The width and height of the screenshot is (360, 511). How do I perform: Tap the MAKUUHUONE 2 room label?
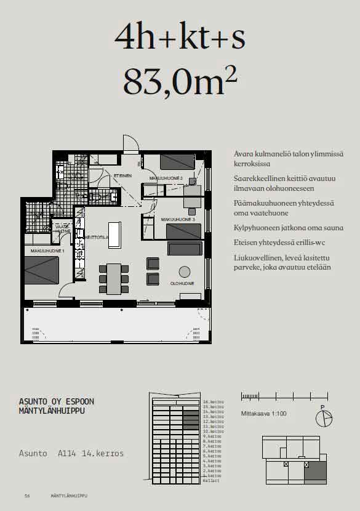tap(166, 178)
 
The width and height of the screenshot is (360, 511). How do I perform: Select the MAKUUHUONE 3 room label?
tap(178, 219)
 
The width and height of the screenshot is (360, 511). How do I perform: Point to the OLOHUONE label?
tap(182, 284)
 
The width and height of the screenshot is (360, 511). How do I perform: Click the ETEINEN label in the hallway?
tap(122, 175)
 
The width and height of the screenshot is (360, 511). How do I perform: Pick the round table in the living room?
tap(185, 271)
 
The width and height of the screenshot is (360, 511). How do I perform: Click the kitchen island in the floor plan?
tap(114, 235)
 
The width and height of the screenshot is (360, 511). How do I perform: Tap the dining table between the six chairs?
tap(114, 278)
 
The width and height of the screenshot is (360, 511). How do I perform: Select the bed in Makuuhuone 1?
tap(41, 270)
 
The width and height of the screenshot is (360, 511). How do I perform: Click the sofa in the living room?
tap(185, 249)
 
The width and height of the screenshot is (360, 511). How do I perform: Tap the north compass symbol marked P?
tap(323, 418)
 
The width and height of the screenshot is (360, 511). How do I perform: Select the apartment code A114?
tap(68, 454)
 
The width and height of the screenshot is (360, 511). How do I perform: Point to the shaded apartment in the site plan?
tap(316, 471)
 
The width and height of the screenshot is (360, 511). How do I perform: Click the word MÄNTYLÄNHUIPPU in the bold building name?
tap(52, 411)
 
